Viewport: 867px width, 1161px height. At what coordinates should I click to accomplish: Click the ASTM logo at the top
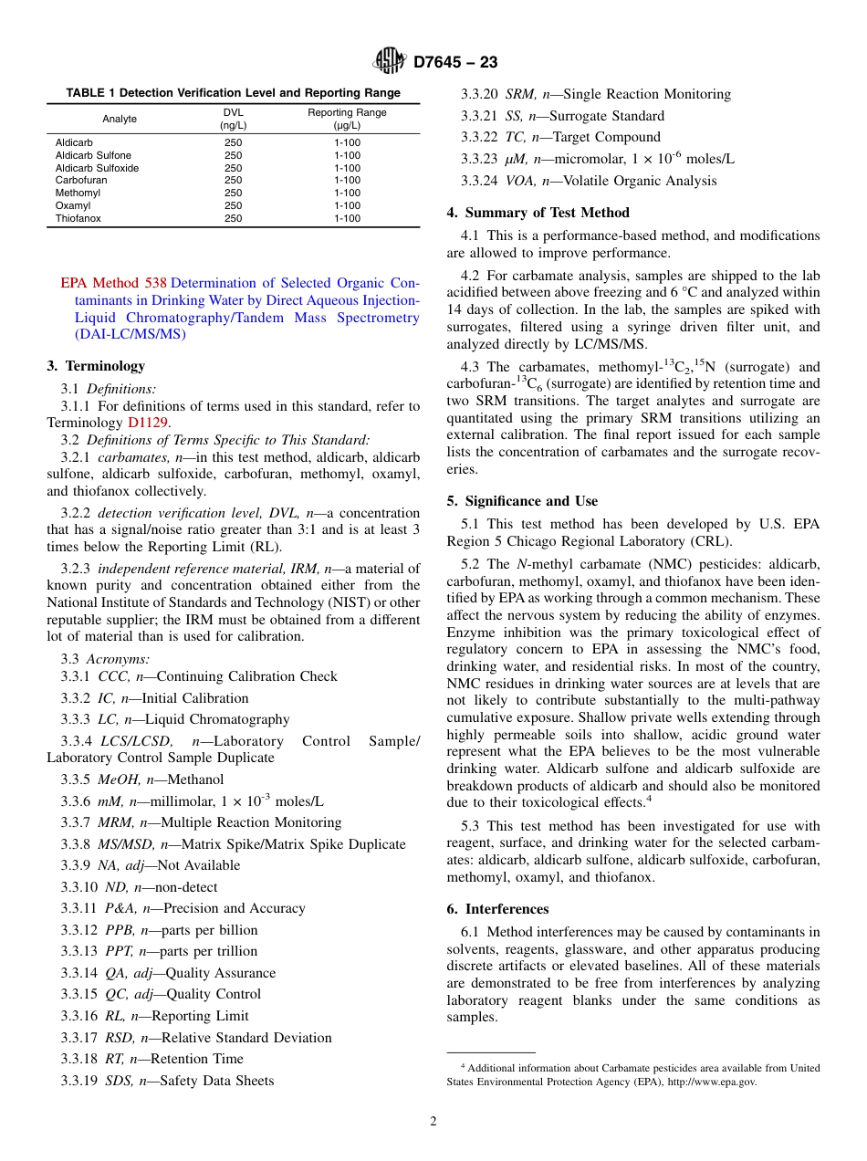[x=390, y=61]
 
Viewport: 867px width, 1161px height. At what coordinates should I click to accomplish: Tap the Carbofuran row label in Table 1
[x=81, y=181]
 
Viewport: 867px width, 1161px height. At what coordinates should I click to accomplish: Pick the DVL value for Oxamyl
[x=234, y=206]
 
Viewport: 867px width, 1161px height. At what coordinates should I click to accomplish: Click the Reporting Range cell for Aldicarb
[x=347, y=143]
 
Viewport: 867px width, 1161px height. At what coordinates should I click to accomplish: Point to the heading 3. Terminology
[x=96, y=366]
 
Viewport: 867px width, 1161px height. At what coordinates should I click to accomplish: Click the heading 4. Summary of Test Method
[x=538, y=213]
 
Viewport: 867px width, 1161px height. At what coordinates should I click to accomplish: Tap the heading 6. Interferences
[x=497, y=909]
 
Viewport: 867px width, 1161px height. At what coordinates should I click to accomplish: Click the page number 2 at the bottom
[x=433, y=1122]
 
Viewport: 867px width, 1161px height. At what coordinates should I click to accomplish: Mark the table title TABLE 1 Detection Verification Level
[x=233, y=93]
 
